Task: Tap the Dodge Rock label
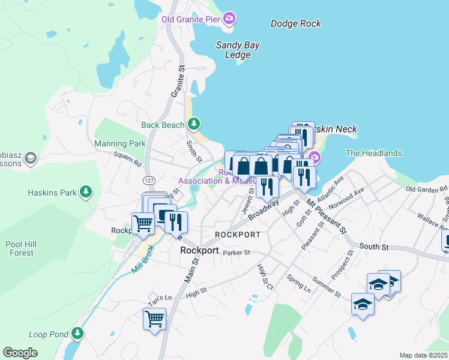(296, 24)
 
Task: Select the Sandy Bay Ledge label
(234, 50)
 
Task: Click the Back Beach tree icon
(193, 124)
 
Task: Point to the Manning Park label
(120, 144)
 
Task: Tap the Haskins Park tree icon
(87, 192)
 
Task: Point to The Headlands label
(374, 154)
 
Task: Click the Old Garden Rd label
(427, 189)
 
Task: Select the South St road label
(374, 247)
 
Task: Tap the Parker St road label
(236, 253)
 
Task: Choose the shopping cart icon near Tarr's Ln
(154, 319)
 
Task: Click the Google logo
(20, 353)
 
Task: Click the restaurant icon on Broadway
(267, 186)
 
